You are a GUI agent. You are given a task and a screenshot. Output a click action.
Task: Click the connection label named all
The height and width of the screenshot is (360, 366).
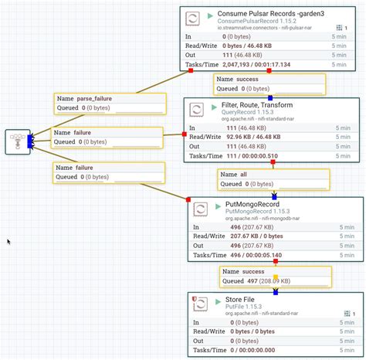tap(243, 175)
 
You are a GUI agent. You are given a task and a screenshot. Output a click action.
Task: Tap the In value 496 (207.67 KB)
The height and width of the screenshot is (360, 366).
tap(250, 226)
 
